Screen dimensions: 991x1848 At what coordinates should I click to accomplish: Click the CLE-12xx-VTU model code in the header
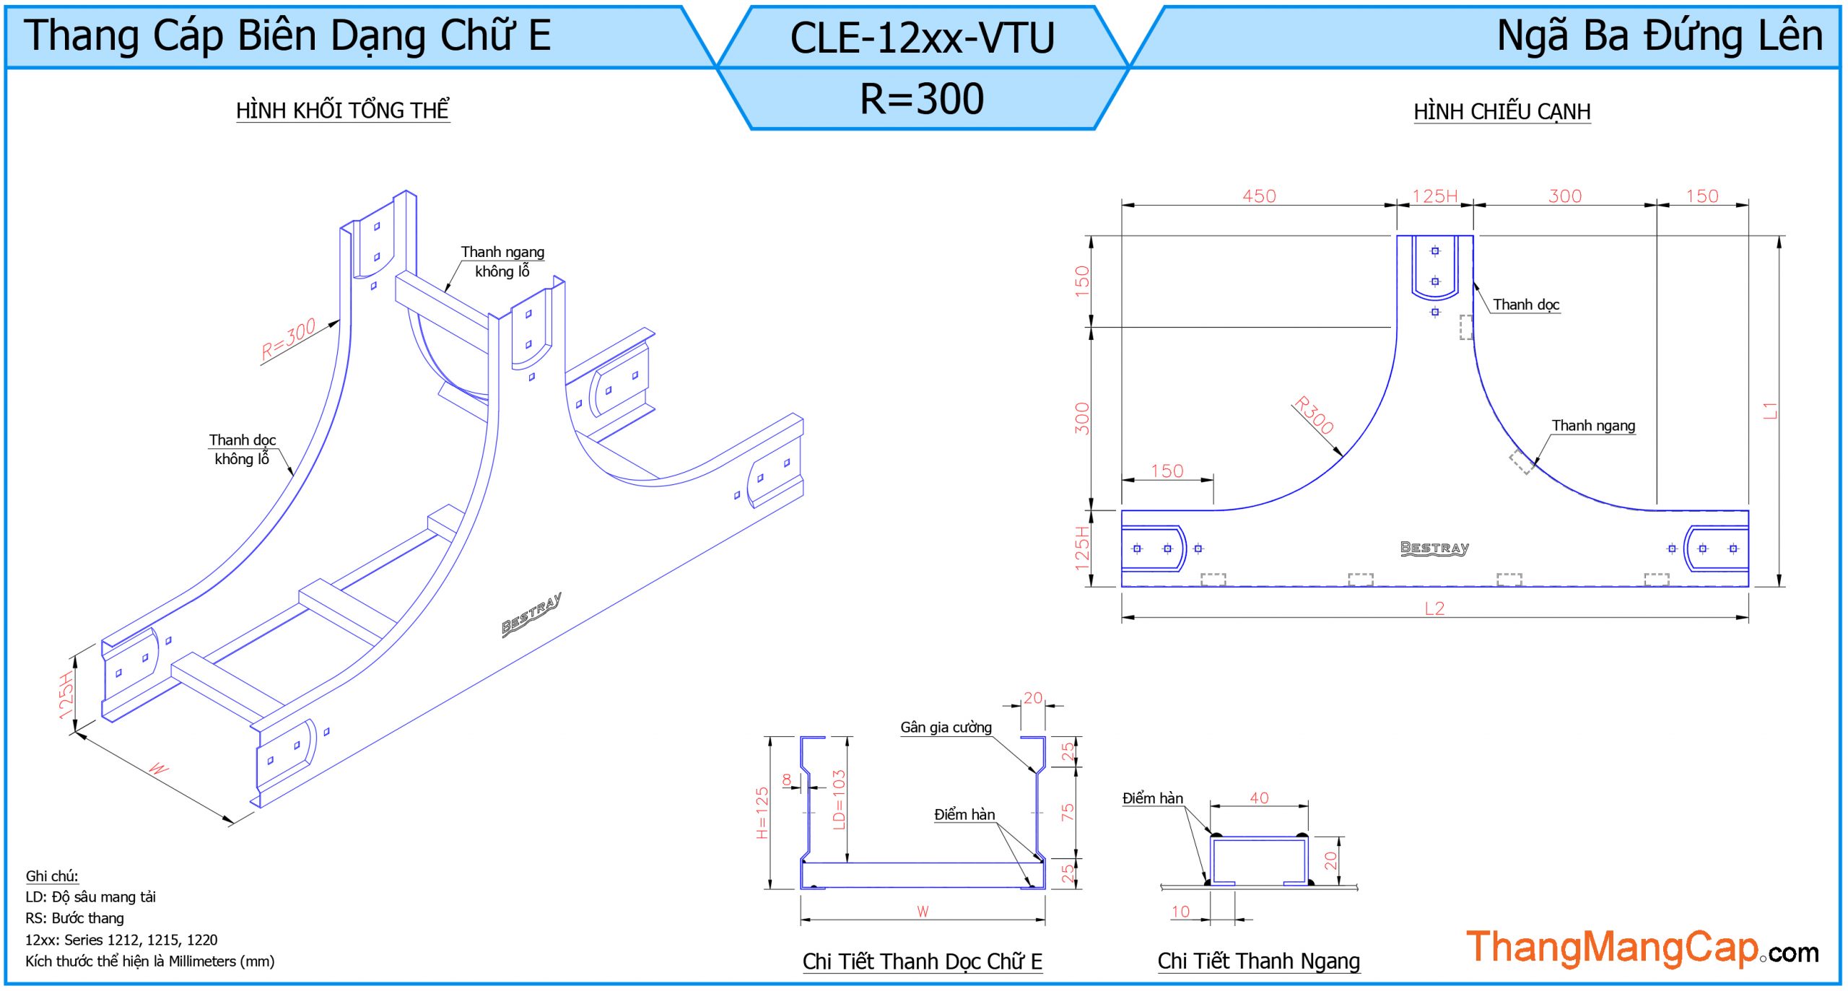pyautogui.click(x=922, y=38)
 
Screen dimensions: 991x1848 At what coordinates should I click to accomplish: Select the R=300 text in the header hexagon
pyautogui.click(x=922, y=98)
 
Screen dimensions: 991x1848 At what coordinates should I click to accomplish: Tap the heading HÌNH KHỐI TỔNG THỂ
pyautogui.click(x=342, y=110)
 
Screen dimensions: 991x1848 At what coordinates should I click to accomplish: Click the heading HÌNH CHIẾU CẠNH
pyautogui.click(x=1501, y=112)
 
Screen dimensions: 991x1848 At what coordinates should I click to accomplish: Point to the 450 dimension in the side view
pyautogui.click(x=1259, y=196)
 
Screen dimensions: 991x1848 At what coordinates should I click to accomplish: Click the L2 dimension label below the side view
pyautogui.click(x=1434, y=608)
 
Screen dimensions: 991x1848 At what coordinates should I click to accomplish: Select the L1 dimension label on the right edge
pyautogui.click(x=1770, y=411)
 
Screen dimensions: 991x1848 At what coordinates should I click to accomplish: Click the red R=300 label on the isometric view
pyautogui.click(x=288, y=339)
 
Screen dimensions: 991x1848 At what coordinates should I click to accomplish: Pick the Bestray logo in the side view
pyautogui.click(x=1434, y=548)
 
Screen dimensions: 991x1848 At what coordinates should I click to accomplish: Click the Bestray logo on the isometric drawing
pyautogui.click(x=531, y=615)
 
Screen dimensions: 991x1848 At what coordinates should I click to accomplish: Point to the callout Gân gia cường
pyautogui.click(x=946, y=728)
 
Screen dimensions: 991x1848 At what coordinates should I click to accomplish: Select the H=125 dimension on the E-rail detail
pyautogui.click(x=762, y=812)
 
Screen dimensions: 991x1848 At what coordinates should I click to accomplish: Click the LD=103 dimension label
pyautogui.click(x=838, y=800)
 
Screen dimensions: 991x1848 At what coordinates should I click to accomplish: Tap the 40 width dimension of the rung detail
pyautogui.click(x=1259, y=798)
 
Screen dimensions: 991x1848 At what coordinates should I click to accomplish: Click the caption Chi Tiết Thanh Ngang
pyautogui.click(x=1258, y=961)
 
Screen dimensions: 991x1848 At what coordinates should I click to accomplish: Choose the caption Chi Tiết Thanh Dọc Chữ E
pyautogui.click(x=922, y=961)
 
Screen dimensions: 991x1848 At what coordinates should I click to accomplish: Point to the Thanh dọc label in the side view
pyautogui.click(x=1526, y=305)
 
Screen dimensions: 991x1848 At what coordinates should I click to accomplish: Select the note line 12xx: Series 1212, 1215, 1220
pyautogui.click(x=121, y=940)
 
